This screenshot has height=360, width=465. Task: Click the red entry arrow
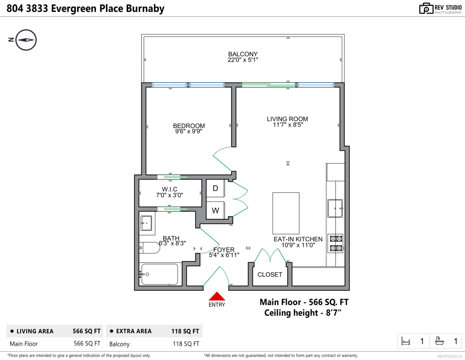[x=217, y=296]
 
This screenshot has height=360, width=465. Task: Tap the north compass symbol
[x=26, y=40]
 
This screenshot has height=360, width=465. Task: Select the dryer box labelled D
[x=215, y=188]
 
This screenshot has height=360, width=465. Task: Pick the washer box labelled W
[x=215, y=210]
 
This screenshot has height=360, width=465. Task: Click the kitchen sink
[x=335, y=208]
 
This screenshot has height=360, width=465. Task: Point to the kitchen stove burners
[x=336, y=243]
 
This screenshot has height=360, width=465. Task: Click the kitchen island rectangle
[x=286, y=213]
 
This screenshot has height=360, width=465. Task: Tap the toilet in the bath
[x=149, y=248]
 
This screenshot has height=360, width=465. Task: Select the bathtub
[x=160, y=274]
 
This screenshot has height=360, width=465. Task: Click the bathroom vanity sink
[x=146, y=223]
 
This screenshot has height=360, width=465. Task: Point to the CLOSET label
[x=270, y=275]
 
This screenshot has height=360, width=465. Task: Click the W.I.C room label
[x=169, y=189]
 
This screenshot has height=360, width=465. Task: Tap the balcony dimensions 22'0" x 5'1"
[x=243, y=60]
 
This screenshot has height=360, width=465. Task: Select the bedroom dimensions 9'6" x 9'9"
[x=189, y=131]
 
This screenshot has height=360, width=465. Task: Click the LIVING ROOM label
[x=287, y=119]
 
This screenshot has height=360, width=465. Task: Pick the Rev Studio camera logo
[x=426, y=9]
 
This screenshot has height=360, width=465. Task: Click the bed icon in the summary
[x=405, y=341]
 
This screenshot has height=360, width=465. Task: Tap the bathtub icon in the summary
[x=439, y=341]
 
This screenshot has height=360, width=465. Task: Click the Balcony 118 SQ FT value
[x=186, y=344]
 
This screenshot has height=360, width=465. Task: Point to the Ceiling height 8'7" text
[x=303, y=313]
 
